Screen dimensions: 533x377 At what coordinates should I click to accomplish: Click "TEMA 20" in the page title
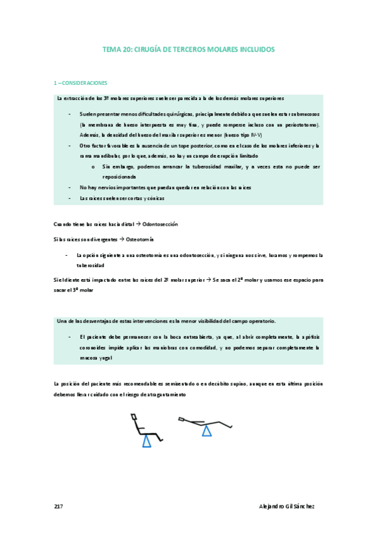click(x=115, y=49)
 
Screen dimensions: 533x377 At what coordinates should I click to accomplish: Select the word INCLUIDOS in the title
click(x=254, y=49)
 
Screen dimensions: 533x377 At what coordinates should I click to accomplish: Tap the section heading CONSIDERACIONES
click(x=82, y=83)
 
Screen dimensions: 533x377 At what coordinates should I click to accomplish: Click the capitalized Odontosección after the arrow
click(x=161, y=224)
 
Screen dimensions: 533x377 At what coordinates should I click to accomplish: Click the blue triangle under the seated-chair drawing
click(x=147, y=441)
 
